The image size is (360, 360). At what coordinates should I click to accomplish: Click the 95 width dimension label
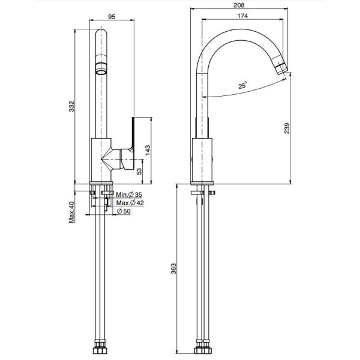(x=112, y=17)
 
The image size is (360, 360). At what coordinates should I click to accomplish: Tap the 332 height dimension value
(x=72, y=106)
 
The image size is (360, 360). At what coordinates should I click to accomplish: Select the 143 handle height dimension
(x=148, y=150)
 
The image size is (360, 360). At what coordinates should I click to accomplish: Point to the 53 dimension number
(x=139, y=172)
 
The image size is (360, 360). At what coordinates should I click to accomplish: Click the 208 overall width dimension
(x=239, y=5)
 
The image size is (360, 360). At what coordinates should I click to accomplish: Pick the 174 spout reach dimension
(x=242, y=16)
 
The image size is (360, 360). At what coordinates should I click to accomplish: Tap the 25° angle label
(x=242, y=85)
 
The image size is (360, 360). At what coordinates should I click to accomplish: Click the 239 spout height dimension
(x=287, y=128)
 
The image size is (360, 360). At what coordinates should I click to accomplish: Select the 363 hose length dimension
(x=173, y=269)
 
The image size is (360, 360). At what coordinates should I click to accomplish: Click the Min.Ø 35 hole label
(x=129, y=194)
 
